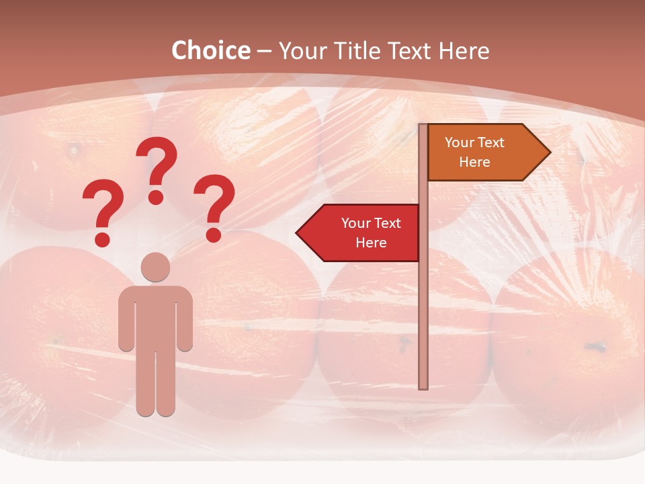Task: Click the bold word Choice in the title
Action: (210, 50)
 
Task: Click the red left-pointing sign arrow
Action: (359, 233)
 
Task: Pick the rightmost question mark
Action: (214, 206)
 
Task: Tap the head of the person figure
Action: (155, 267)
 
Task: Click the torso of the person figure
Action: (155, 316)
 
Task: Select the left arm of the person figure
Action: (126, 323)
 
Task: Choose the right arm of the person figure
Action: (185, 323)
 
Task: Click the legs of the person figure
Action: (155, 383)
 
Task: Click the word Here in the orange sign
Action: (474, 162)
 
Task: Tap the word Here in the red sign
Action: (371, 243)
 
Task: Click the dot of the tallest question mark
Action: (156, 197)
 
